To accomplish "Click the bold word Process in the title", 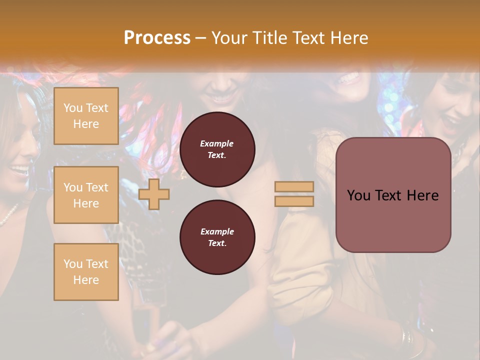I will pyautogui.click(x=157, y=37).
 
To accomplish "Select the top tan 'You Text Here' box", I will pyautogui.click(x=86, y=116).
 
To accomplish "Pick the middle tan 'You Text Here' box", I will pyautogui.click(x=86, y=195).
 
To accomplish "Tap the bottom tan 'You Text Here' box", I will pyautogui.click(x=86, y=272).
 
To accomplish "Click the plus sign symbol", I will pyautogui.click(x=154, y=194).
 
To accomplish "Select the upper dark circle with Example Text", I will pyautogui.click(x=217, y=149).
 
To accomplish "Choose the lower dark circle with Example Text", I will pyautogui.click(x=217, y=237).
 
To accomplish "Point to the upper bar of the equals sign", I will pyautogui.click(x=294, y=187).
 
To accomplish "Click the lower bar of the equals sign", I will pyautogui.click(x=294, y=201).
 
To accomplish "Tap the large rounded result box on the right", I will pyautogui.click(x=393, y=195).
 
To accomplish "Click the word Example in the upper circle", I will pyautogui.click(x=217, y=143).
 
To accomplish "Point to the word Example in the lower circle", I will pyautogui.click(x=217, y=231).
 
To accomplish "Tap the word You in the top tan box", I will pyautogui.click(x=73, y=108).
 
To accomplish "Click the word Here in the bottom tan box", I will pyautogui.click(x=86, y=280).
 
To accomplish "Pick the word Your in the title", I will pyautogui.click(x=229, y=37).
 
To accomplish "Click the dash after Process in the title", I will pyautogui.click(x=201, y=38).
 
